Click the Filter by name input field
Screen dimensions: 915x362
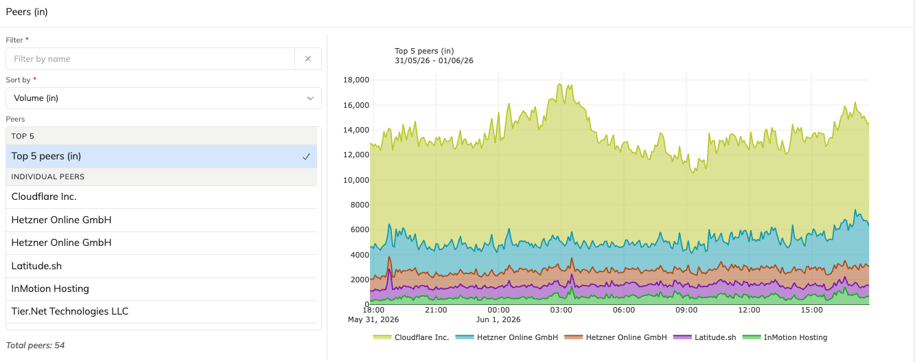click(x=150, y=59)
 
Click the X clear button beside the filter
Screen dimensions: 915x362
click(x=308, y=59)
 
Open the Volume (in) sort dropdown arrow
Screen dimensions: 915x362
click(x=310, y=98)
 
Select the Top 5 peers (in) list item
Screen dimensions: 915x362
click(x=161, y=156)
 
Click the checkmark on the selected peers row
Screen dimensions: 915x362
click(x=306, y=157)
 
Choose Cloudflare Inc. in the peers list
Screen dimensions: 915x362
click(x=44, y=196)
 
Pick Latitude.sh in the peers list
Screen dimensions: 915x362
click(x=36, y=266)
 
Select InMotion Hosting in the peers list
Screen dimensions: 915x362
click(x=50, y=289)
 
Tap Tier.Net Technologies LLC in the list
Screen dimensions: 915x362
click(x=69, y=311)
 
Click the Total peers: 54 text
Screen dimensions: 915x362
click(x=35, y=346)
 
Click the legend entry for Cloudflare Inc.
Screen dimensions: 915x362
click(x=411, y=337)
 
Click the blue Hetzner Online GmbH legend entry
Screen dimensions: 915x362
click(x=507, y=337)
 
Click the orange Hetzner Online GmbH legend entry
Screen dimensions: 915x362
click(x=616, y=337)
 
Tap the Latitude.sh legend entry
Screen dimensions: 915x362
click(x=705, y=337)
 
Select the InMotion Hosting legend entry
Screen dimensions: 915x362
click(x=785, y=337)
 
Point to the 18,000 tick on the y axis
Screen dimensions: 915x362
click(x=356, y=80)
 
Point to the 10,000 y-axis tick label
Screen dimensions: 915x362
click(x=356, y=180)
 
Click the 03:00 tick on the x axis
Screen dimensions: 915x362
click(x=561, y=310)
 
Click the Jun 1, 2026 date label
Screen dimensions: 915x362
click(x=498, y=319)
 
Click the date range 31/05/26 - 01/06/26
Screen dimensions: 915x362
click(x=434, y=60)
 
